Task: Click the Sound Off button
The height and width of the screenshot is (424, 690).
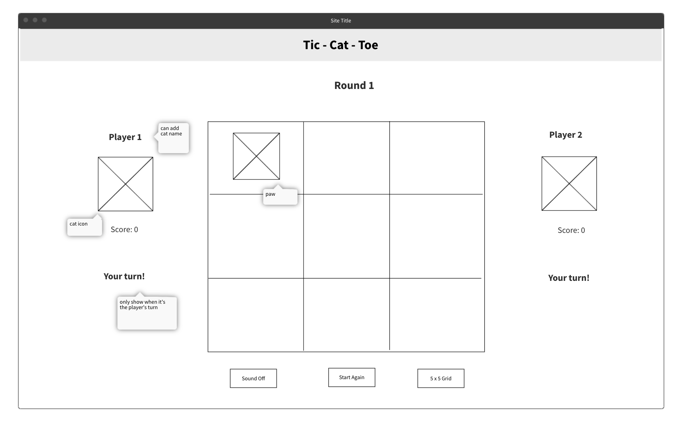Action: pos(253,378)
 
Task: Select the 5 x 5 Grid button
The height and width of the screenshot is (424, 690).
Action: pos(441,378)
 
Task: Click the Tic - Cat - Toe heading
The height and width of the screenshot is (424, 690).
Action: pos(340,45)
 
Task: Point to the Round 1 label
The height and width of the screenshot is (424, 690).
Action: pos(354,85)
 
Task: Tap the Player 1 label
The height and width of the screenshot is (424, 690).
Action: pos(125,137)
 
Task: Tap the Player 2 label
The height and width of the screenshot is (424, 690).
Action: pos(565,135)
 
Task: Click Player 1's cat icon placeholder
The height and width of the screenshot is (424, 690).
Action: pos(125,184)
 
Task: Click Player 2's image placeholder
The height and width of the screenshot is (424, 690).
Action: pos(569,183)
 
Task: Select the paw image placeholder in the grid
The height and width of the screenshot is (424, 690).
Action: pos(256,156)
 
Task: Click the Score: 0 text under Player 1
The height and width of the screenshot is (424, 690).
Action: pos(124,229)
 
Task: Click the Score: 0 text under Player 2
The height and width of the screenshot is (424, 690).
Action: pos(571,230)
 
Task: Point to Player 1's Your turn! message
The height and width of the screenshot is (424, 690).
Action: pos(124,276)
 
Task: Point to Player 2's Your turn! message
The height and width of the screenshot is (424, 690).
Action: pos(569,278)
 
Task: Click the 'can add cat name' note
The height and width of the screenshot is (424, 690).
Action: pos(173,138)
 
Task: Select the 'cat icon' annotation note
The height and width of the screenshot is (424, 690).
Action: pos(84,227)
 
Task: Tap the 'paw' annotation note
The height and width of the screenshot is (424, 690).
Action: pos(280,197)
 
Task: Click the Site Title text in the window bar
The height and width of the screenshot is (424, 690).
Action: pos(341,21)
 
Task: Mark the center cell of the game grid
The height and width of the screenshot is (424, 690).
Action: pos(346,236)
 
